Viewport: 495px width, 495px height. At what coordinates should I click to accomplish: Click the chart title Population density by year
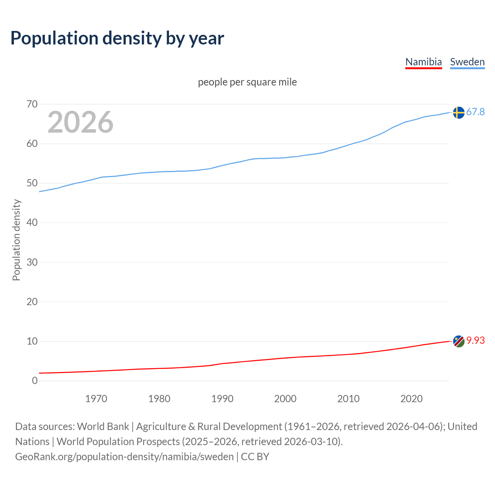(117, 38)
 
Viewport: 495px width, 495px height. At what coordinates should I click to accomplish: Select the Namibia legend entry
(423, 62)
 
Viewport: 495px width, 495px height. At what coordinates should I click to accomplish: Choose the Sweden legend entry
(467, 62)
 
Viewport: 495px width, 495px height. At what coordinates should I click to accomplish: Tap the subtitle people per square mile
(247, 82)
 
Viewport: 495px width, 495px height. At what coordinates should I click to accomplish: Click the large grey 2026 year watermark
(80, 122)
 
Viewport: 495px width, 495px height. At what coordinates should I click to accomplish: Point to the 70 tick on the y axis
(32, 104)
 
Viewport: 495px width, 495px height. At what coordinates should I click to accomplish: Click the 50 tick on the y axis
(32, 183)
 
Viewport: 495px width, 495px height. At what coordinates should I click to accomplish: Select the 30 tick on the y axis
(32, 262)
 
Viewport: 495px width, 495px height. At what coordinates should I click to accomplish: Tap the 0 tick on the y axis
(35, 381)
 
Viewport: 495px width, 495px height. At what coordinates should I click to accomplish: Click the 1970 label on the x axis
(96, 399)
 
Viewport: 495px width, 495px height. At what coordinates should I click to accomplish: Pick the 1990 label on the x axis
(222, 399)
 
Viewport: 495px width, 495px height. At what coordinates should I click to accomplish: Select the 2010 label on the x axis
(348, 399)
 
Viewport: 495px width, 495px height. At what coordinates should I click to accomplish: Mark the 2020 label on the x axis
(411, 399)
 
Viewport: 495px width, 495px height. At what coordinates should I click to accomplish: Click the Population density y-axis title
(16, 240)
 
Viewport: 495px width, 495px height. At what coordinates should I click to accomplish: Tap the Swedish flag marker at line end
(459, 113)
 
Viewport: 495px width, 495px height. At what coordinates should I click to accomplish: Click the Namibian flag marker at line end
(459, 341)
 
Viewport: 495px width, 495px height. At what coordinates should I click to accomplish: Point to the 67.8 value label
(475, 112)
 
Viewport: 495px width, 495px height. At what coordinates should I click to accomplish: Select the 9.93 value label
(475, 340)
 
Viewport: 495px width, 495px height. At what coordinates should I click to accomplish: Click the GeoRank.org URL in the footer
(125, 456)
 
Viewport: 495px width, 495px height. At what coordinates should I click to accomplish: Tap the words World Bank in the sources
(103, 426)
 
